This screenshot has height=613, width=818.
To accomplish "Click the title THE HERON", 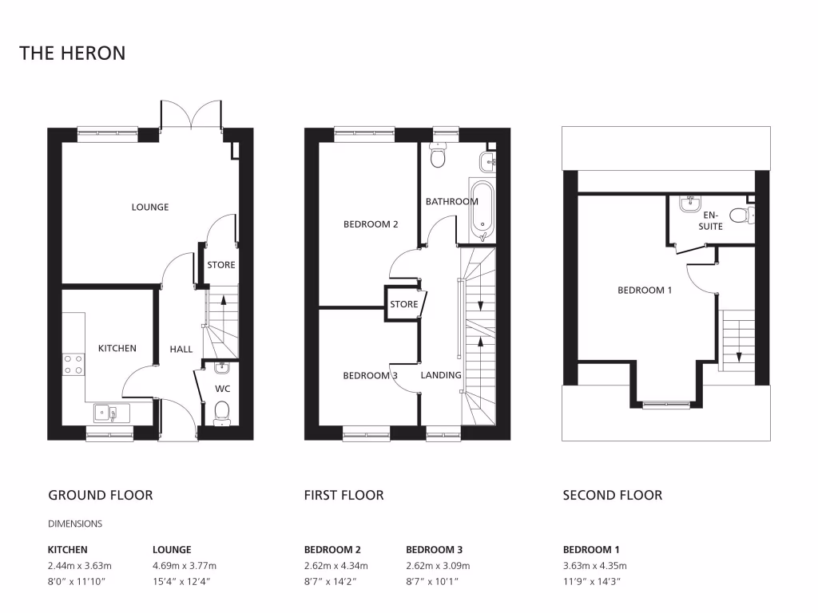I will coord(73,53).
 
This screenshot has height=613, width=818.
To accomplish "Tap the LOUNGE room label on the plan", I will coord(150,208).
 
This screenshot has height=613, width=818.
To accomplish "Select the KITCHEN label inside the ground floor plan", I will coord(117,348).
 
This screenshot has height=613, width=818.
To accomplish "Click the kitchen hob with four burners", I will coord(73,365).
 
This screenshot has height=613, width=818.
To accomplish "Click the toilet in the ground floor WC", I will coord(222,412).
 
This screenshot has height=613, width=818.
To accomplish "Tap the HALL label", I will coord(181,350).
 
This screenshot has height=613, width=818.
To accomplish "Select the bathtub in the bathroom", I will coord(482,210).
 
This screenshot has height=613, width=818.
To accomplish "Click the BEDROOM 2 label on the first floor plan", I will coord(371,224).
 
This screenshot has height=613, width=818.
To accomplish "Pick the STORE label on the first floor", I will coord(404,304).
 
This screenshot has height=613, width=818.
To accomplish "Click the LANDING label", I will coord(441,375).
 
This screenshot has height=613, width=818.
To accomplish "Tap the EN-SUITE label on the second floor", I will coord(711,221).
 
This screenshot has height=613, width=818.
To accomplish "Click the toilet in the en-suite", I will coord(742,214).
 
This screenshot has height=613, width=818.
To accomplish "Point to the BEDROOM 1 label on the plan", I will coord(645,291).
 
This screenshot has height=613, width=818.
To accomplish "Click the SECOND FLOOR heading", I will coord(612,495).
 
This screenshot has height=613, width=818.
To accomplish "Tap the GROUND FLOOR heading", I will coord(101,495).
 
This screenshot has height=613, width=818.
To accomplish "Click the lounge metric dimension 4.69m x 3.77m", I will coord(185,565).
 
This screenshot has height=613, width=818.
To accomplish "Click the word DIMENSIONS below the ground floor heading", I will coord(75,524).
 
